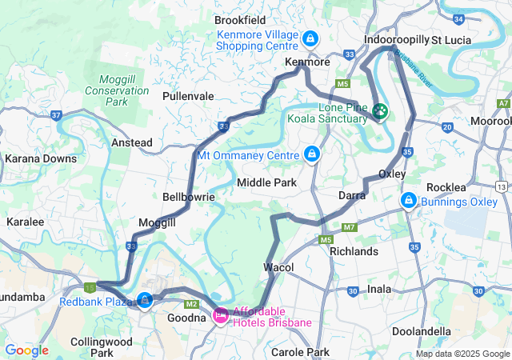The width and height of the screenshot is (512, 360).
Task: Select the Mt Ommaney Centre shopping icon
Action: point(311,154)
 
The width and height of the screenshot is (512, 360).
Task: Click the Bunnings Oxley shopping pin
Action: point(409,199)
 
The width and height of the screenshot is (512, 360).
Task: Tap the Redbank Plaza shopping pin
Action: point(145,300)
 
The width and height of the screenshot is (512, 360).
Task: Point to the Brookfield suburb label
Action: point(240,20)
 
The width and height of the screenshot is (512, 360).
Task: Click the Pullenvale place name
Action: point(188,96)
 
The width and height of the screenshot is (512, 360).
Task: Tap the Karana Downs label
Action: point(41,158)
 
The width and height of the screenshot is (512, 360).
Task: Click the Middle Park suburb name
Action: point(266,182)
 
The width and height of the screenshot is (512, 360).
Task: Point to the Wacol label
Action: point(278,266)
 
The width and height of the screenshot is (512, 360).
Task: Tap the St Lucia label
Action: point(451,39)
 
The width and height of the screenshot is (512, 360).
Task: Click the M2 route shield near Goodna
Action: point(190,304)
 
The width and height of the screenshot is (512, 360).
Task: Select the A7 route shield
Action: point(503,103)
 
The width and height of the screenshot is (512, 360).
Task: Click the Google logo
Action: point(26,350)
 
